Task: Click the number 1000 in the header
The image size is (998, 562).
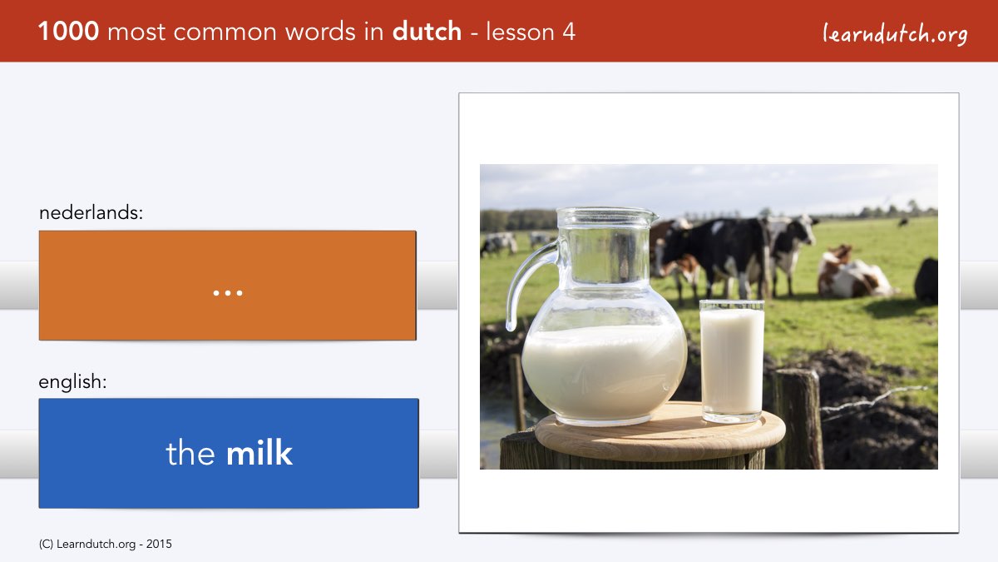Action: click(x=68, y=32)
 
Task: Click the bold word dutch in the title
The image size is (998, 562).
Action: click(x=427, y=32)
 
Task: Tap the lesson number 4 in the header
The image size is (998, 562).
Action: click(x=569, y=32)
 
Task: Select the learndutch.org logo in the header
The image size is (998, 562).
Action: click(x=895, y=34)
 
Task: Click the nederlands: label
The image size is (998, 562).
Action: click(x=91, y=212)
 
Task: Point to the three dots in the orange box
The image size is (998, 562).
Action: click(x=228, y=293)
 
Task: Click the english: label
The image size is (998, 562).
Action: click(x=72, y=382)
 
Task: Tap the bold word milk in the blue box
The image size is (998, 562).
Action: click(x=259, y=453)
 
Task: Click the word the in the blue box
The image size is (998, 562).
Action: click(x=190, y=453)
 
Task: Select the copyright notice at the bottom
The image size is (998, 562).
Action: click(x=105, y=545)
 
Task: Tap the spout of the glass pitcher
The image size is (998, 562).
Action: click(x=653, y=217)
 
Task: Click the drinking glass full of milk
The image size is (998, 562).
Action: click(x=732, y=361)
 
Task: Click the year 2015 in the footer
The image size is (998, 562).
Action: click(x=159, y=545)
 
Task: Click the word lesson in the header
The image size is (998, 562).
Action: click(x=520, y=32)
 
